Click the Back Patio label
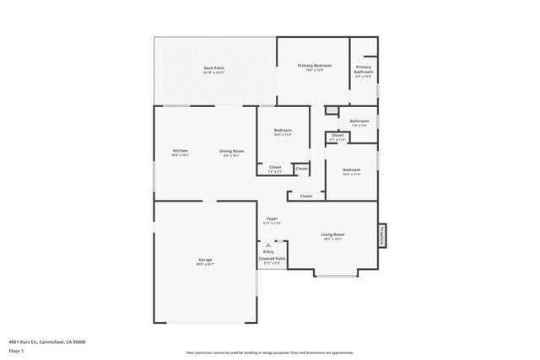(213, 67)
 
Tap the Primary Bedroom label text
(315, 65)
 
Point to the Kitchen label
(180, 151)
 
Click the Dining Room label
(232, 151)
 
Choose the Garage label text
(205, 259)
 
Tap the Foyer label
(272, 218)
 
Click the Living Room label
(332, 234)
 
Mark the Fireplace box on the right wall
(381, 235)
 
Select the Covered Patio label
(272, 258)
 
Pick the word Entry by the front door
(268, 251)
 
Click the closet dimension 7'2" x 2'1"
(275, 172)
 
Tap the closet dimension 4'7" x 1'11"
(337, 139)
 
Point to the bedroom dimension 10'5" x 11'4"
(283, 134)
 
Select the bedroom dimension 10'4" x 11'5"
(352, 175)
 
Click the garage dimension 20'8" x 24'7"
(205, 264)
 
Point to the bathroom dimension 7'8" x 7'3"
(359, 126)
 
